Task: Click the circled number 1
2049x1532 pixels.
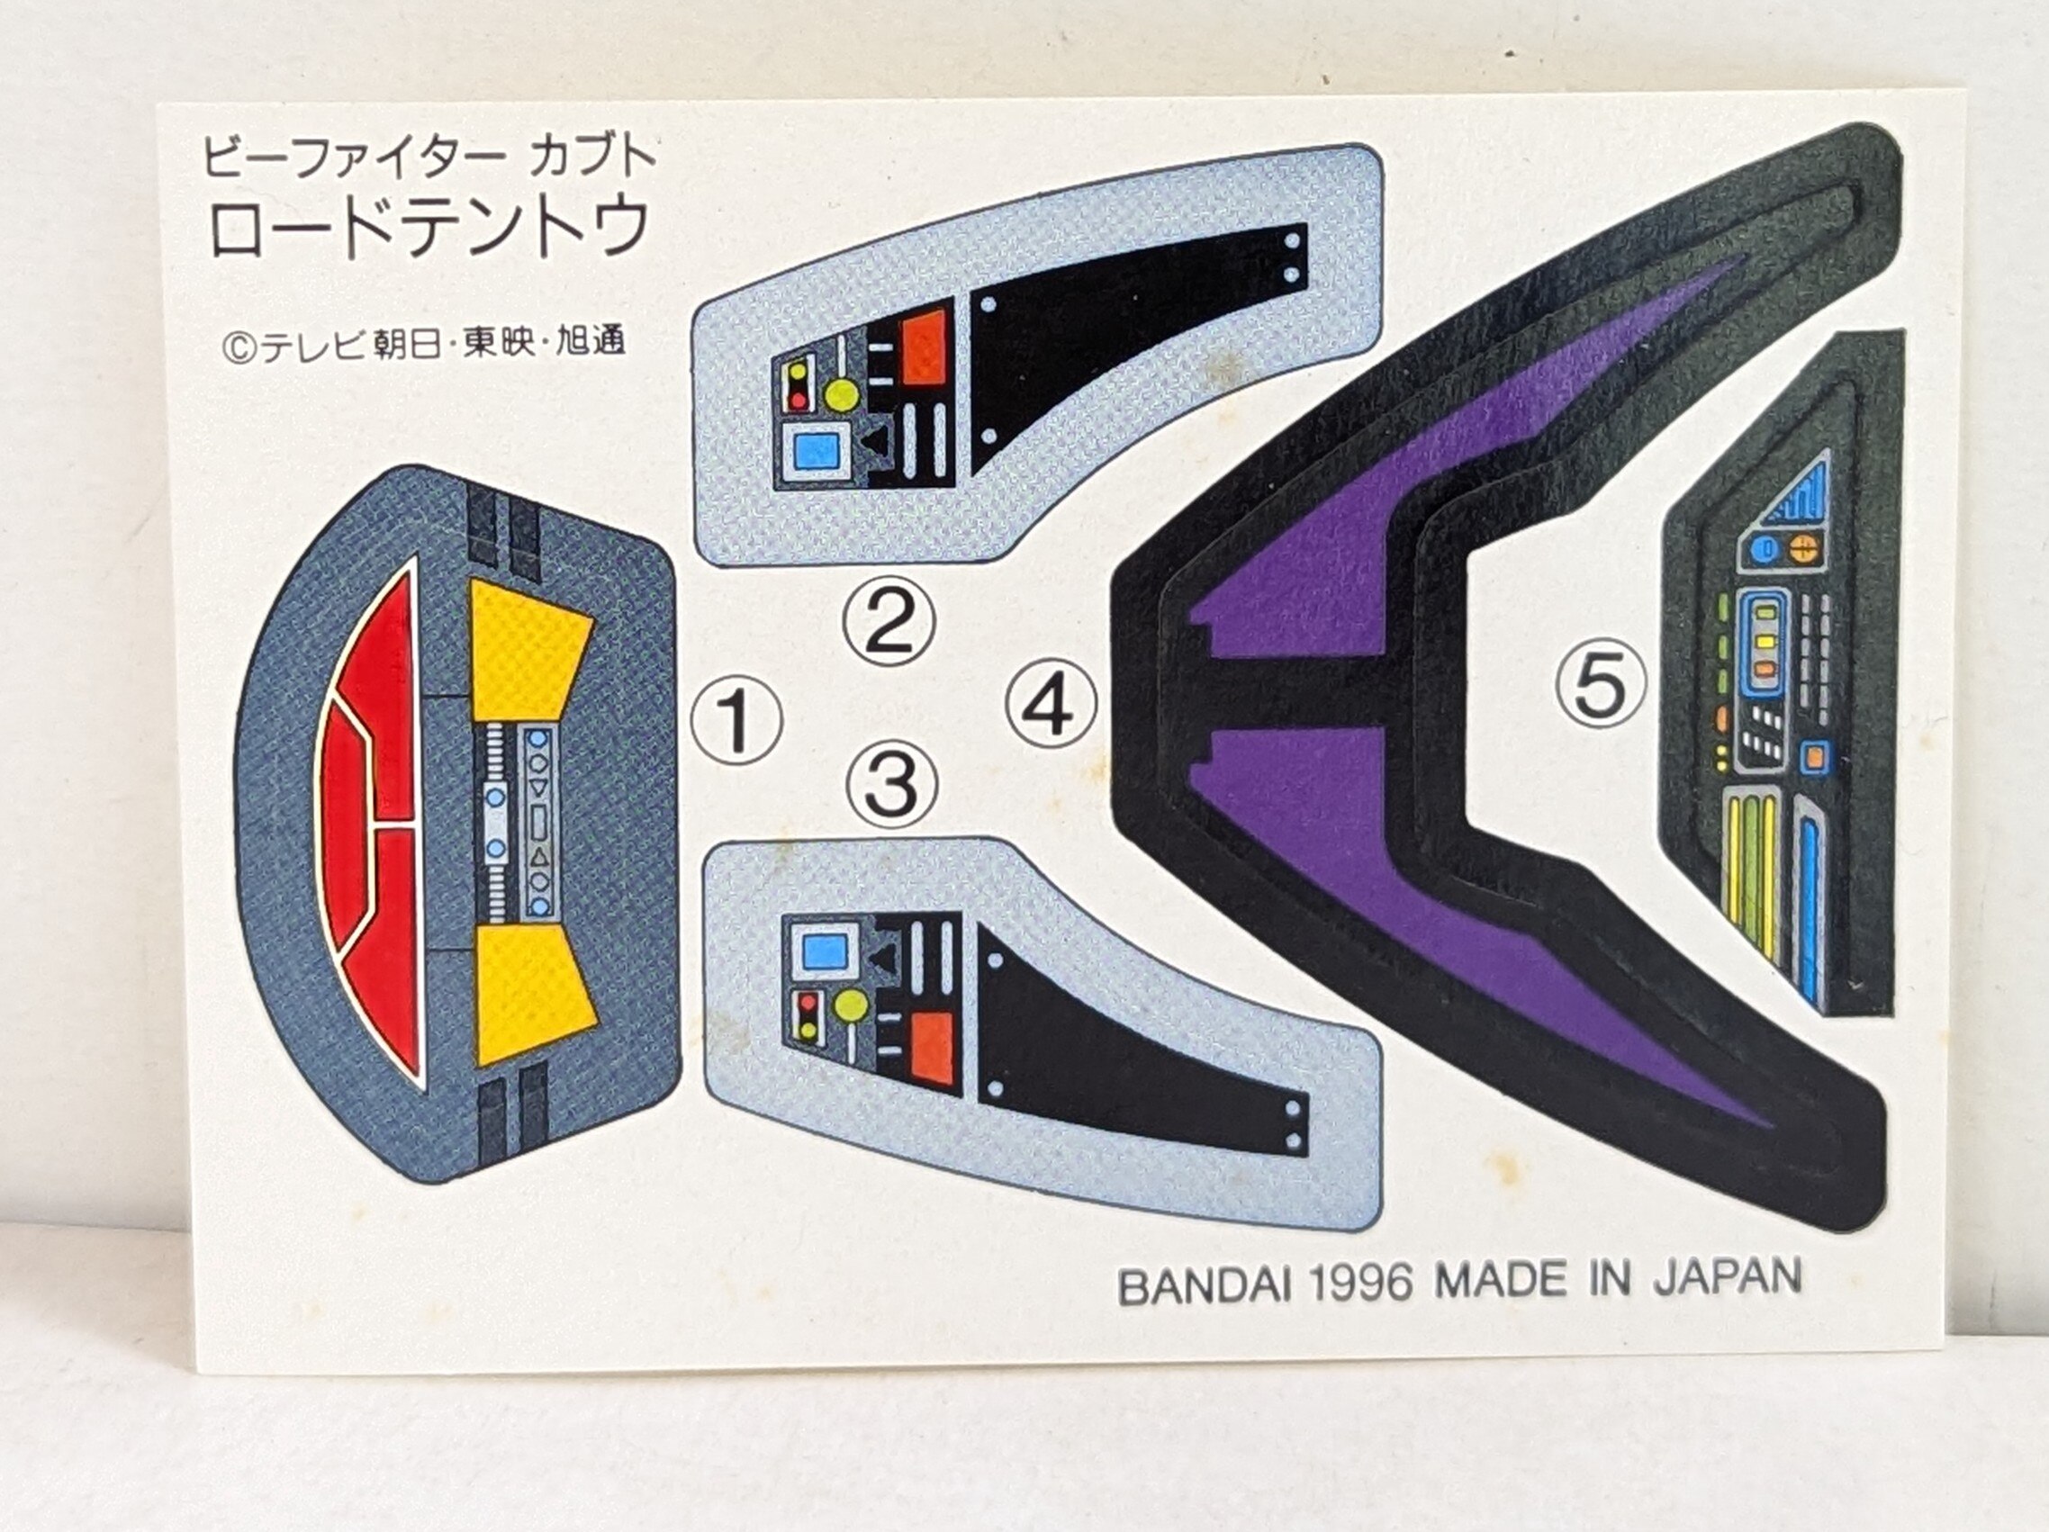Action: click(x=737, y=720)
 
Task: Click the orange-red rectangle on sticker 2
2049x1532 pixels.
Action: click(x=924, y=347)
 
